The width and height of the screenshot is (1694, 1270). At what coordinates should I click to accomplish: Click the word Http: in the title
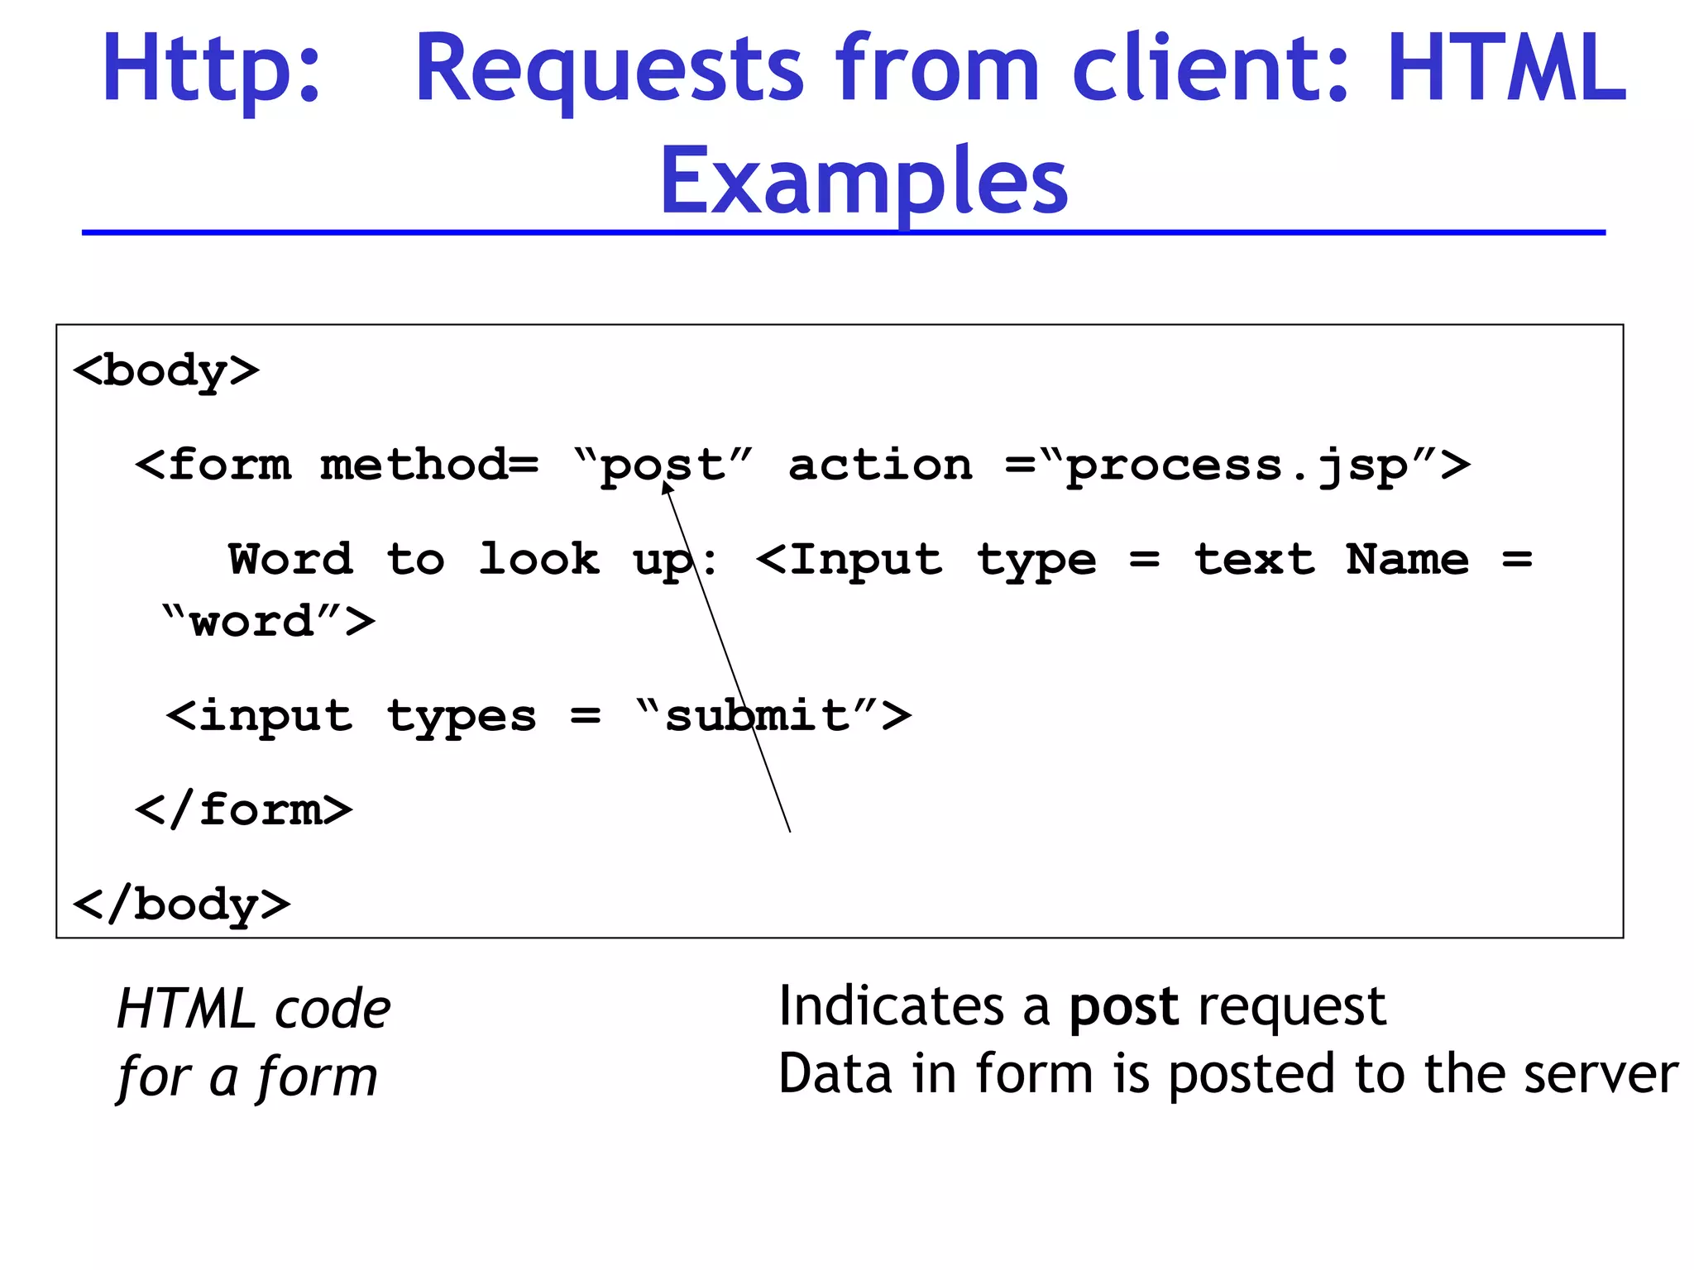coord(212,69)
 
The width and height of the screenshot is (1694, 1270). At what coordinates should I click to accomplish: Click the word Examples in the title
coord(863,181)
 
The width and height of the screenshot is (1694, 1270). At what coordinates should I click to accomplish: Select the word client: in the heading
coord(1211,69)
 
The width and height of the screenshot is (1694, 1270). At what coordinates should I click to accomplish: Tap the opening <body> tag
coord(166,371)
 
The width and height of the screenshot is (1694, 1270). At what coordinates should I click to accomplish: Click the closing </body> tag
coord(182,905)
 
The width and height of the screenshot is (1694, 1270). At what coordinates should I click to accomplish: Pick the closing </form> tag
coord(244,809)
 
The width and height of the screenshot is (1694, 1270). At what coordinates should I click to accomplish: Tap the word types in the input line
coord(462,717)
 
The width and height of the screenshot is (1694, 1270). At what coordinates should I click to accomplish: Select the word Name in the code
coord(1407,561)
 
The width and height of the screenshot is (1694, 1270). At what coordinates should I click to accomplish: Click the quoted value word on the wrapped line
coord(252,622)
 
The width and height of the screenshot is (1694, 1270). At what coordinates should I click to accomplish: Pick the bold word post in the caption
coord(1123,1008)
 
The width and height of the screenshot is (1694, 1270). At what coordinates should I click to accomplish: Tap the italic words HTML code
coord(253,1010)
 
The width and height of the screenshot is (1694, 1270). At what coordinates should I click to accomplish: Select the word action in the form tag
coord(880,466)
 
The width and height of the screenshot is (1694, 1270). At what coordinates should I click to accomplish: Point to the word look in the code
coord(539,561)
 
